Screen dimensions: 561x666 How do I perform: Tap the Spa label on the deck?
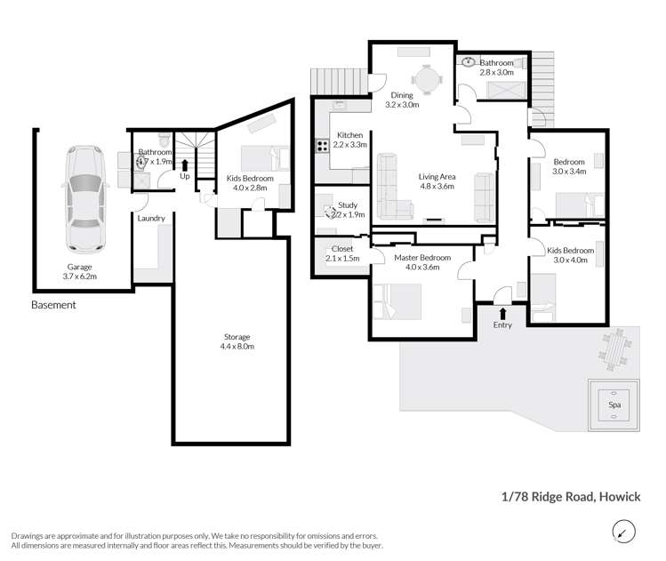tap(614, 404)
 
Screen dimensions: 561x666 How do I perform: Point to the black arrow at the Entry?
tap(503, 313)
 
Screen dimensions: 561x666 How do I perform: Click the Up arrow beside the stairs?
tap(185, 164)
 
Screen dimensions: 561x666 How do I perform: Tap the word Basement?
tap(53, 304)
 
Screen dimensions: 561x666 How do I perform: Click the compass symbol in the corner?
tap(625, 533)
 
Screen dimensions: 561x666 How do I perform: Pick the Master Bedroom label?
tap(422, 263)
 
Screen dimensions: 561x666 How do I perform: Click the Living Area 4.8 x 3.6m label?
tap(437, 181)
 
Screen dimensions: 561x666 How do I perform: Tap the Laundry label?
tap(151, 218)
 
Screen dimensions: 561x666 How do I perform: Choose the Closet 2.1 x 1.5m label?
tap(341, 253)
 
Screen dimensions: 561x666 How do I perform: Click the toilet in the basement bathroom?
tap(163, 140)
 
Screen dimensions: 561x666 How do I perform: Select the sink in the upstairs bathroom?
tap(469, 62)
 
